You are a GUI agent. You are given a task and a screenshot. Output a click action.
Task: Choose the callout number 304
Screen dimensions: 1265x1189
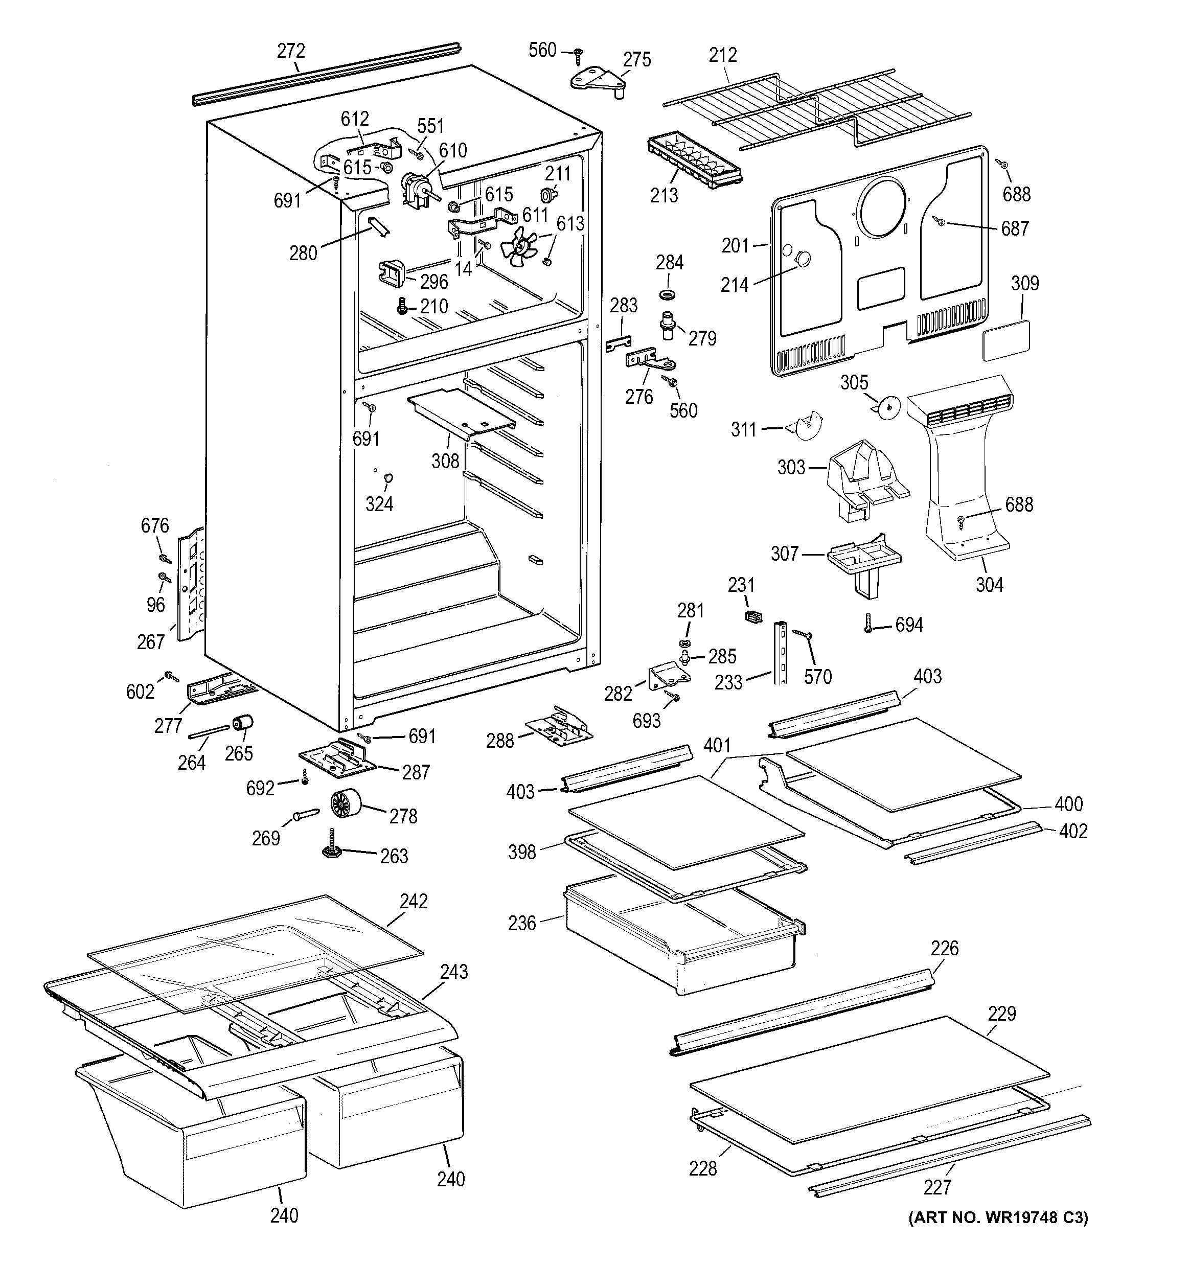(989, 584)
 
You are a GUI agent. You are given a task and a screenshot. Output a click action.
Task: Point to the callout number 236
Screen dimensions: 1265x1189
(522, 923)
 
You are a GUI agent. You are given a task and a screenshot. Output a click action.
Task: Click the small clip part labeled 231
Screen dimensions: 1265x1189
(753, 615)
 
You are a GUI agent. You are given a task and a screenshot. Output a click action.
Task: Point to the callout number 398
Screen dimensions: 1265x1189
(522, 852)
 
